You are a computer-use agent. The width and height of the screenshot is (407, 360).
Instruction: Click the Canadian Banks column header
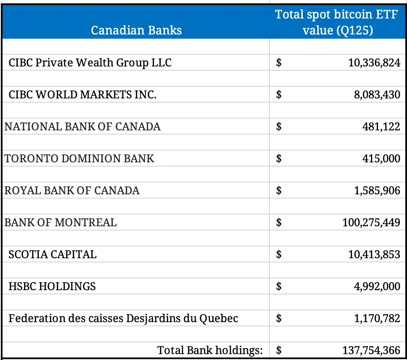point(136,30)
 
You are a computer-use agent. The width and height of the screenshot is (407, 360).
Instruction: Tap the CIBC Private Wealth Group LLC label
point(90,63)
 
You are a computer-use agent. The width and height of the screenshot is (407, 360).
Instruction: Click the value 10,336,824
point(374,63)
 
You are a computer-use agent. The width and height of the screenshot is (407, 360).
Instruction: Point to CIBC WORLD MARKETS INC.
point(82,95)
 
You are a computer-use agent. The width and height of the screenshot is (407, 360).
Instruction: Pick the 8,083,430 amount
point(377,95)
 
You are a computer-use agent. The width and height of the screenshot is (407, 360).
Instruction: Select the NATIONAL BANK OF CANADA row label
point(82,126)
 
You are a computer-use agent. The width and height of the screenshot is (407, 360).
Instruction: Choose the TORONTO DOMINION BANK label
point(79,159)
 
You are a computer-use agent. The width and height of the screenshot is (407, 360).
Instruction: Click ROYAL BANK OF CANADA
point(72,191)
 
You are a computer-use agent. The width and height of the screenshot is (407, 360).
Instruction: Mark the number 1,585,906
point(377,191)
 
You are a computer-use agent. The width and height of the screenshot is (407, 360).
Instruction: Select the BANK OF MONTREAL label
point(61,222)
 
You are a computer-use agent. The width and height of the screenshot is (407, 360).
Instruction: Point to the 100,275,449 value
point(371,222)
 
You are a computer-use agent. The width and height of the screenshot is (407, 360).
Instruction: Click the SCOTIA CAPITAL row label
point(53,254)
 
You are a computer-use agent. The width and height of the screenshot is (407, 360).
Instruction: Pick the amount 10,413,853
point(374,254)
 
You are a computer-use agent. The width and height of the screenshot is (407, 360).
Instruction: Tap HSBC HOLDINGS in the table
point(52,286)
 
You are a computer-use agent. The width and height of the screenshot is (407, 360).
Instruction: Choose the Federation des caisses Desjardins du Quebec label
point(123,318)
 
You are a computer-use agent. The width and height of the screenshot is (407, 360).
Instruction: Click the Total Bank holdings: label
point(210,350)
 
